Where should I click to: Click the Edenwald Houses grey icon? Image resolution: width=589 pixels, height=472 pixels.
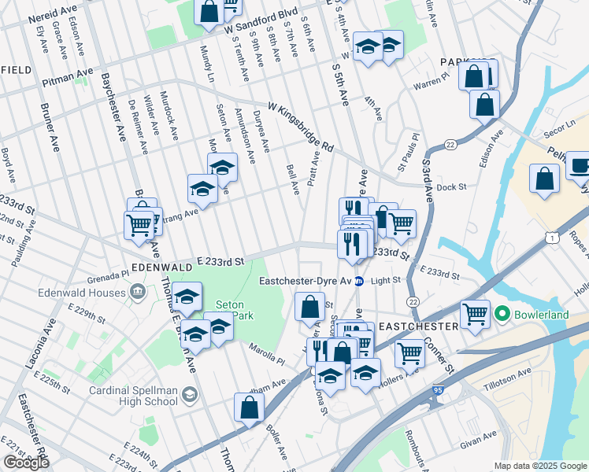click(x=138, y=293)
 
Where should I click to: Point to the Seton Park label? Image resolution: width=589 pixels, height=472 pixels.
click(x=230, y=310)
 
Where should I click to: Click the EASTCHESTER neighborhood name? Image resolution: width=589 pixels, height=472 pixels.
click(x=418, y=326)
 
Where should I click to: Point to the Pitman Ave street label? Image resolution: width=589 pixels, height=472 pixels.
click(x=72, y=76)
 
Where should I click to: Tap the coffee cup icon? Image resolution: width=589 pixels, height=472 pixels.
click(x=580, y=166)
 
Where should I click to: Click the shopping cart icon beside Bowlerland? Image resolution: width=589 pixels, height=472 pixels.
click(x=476, y=315)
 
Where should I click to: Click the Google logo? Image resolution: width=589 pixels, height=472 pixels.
click(x=26, y=463)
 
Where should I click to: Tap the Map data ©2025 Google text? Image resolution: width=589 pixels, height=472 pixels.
click(x=540, y=466)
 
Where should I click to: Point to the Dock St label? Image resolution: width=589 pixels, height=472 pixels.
click(x=452, y=187)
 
